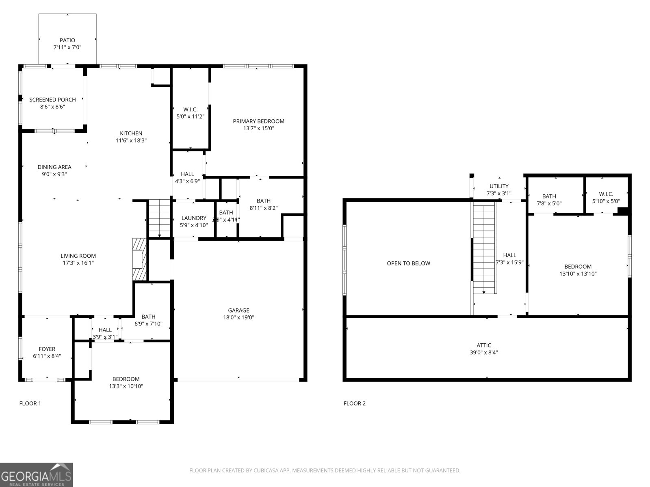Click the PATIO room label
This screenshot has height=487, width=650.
click(x=67, y=40)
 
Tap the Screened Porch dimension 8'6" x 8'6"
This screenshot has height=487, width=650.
click(x=52, y=107)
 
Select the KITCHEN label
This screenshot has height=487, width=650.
click(x=131, y=133)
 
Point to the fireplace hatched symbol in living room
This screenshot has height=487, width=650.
click(x=139, y=259)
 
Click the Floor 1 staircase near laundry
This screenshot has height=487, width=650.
click(x=159, y=218)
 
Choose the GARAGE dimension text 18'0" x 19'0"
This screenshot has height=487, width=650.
click(x=238, y=318)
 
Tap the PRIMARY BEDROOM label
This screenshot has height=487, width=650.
click(x=258, y=121)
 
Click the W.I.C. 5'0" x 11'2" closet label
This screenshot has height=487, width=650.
click(x=190, y=110)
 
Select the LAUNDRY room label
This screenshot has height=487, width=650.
click(x=194, y=218)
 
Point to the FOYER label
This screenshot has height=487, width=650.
click(x=47, y=349)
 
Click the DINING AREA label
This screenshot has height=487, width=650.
click(x=54, y=167)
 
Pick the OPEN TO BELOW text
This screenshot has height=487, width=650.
click(x=408, y=263)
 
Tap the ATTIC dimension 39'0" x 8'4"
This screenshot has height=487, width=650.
click(x=484, y=353)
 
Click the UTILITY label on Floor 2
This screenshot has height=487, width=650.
click(x=499, y=186)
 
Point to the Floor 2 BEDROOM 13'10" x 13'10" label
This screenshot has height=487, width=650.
click(x=578, y=267)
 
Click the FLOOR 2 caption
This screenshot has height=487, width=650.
click(x=354, y=403)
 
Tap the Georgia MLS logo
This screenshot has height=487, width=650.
click(x=37, y=475)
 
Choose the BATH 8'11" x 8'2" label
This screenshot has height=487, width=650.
click(x=263, y=201)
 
